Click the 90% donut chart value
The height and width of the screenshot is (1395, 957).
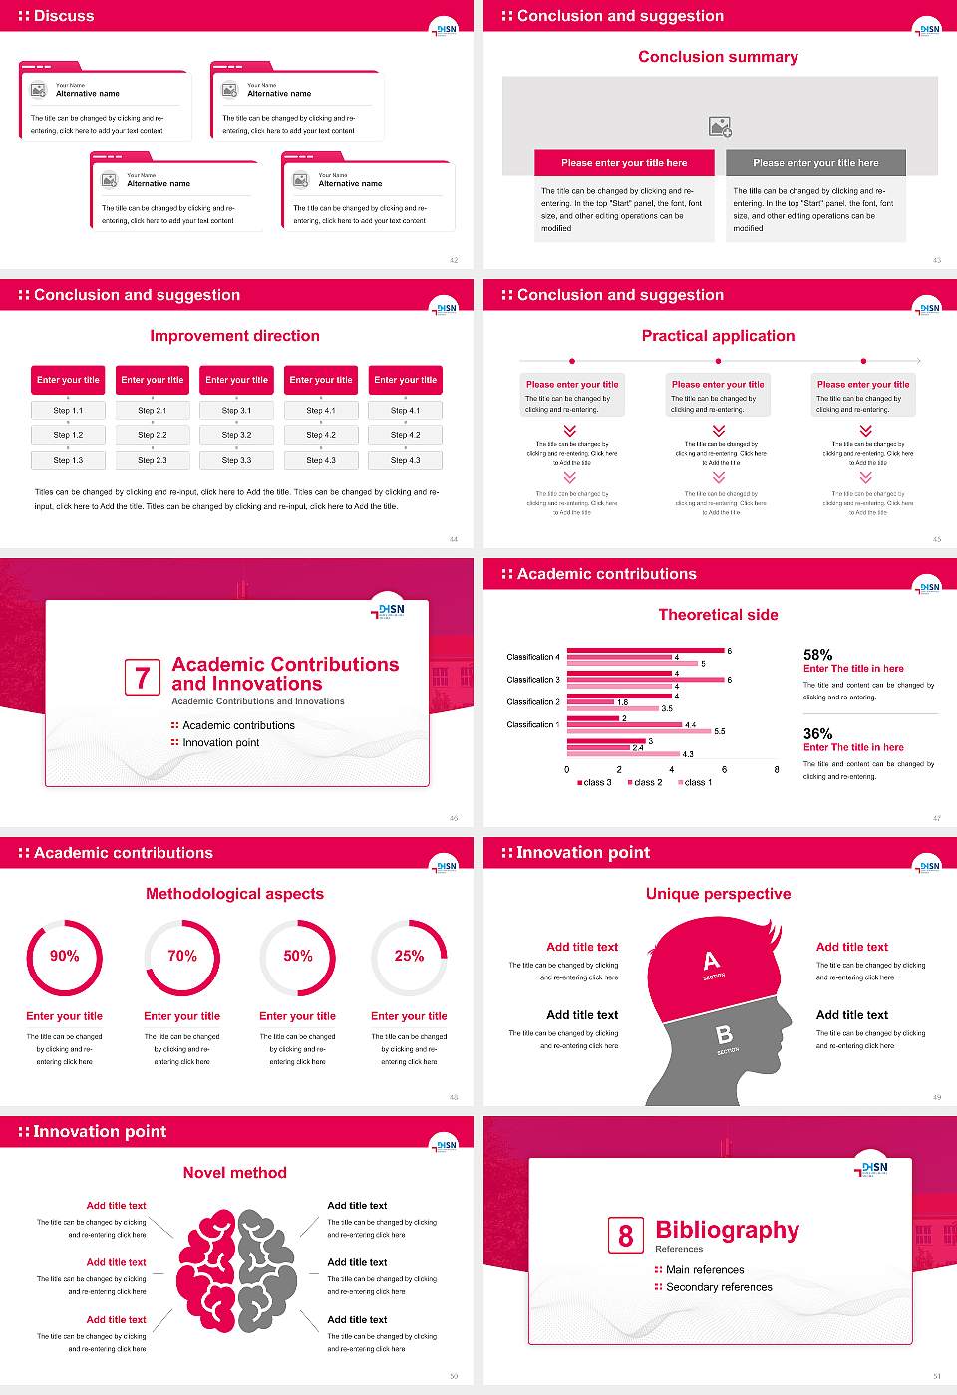[65, 956]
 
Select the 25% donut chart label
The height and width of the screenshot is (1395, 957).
[409, 956]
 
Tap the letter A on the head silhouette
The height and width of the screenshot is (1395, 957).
[711, 961]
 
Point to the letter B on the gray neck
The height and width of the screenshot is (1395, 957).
[724, 1036]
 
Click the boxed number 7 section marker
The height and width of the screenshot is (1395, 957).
[143, 678]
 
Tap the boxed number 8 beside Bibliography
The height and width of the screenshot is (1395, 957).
[625, 1236]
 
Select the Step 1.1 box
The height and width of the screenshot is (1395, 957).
[68, 410]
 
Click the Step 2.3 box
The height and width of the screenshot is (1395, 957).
[153, 460]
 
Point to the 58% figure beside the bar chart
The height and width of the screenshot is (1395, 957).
[817, 655]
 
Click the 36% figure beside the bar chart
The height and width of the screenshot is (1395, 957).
[817, 733]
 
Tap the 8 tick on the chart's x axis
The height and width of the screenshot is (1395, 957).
[777, 769]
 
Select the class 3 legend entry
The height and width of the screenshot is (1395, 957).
[594, 783]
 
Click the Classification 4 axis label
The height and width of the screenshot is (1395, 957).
[533, 657]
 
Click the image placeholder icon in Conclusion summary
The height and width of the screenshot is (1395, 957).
[720, 127]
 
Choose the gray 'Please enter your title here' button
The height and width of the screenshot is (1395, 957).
[815, 163]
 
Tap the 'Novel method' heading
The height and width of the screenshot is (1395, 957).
[235, 1173]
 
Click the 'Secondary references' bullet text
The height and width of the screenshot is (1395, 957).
[719, 1287]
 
